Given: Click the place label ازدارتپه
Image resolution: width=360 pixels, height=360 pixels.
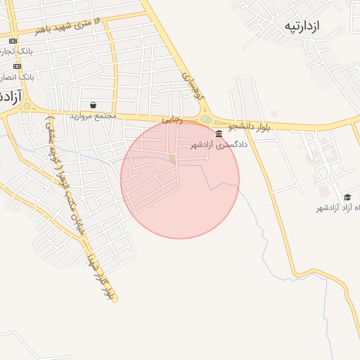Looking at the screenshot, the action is click(x=302, y=27).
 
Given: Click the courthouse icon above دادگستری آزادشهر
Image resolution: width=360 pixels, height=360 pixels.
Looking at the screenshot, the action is click(x=220, y=134).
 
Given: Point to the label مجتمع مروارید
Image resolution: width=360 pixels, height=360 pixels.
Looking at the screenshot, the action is click(x=91, y=115).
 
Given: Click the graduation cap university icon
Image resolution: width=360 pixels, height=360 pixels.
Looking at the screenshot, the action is click(x=347, y=197).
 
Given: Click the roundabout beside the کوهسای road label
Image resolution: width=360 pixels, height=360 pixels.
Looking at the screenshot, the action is click(x=205, y=119).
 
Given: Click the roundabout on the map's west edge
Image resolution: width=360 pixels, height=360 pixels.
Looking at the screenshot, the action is click(x=27, y=107).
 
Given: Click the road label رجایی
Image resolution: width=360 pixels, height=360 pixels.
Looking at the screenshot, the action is click(x=172, y=120).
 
